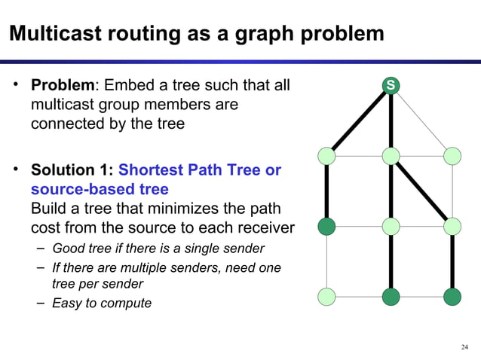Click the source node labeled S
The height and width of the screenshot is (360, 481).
tap(390, 86)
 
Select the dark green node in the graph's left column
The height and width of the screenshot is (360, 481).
tap(326, 226)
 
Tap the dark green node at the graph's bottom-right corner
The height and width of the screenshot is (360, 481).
tap(452, 297)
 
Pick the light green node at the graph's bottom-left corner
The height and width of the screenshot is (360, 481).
tap(326, 297)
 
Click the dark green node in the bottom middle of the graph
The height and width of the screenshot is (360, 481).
tap(391, 297)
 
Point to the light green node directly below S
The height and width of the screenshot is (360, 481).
tap(391, 156)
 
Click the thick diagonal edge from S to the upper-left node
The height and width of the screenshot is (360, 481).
tap(358, 121)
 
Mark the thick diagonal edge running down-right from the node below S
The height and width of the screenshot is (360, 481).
tap(422, 191)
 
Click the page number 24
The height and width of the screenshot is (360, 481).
tap(464, 346)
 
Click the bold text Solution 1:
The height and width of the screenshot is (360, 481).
tap(72, 171)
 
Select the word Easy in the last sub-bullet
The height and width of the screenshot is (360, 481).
tap(66, 303)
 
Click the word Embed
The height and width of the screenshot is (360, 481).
tap(134, 86)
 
